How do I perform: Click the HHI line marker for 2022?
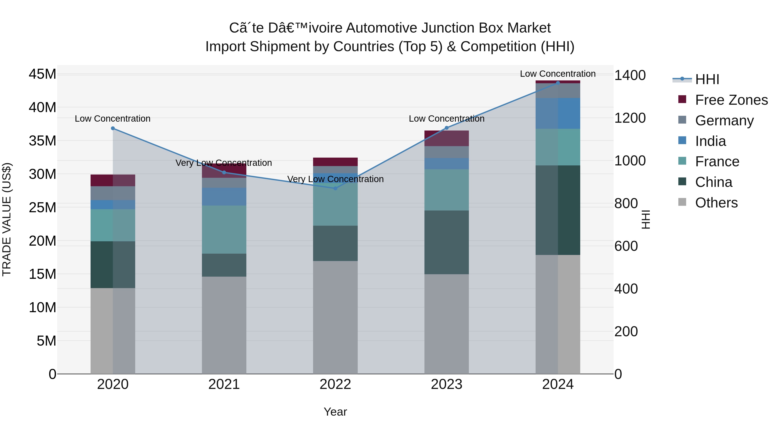coord(335,188)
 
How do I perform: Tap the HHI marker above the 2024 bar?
coord(558,83)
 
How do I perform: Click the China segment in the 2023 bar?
coord(446,242)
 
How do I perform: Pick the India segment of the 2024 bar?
coord(558,113)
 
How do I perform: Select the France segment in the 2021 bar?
coord(224,230)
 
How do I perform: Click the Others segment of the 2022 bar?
coord(335,317)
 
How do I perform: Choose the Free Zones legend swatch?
coord(682,99)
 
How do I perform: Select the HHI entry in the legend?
coord(707,79)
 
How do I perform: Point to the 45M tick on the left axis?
coord(42,74)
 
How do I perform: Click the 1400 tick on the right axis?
coord(630,75)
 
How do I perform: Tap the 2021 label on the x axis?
coord(224,384)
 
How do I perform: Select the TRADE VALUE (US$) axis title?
coord(7,219)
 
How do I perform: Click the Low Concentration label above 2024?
coord(558,74)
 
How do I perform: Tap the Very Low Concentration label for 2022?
coord(335,179)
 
